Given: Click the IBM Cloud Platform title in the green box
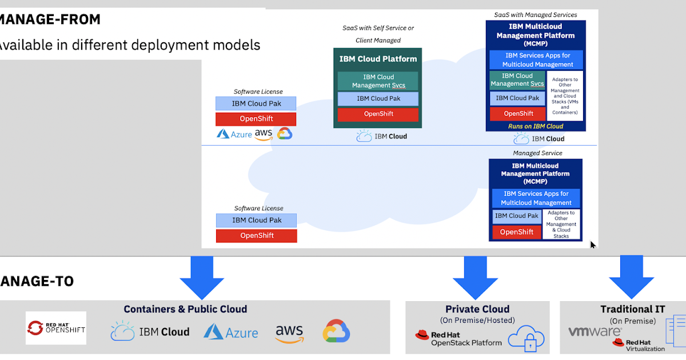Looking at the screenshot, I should tap(378, 59).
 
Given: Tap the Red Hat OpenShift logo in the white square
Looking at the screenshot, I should tap(56, 328).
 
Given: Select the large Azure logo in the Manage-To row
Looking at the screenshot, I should tap(231, 332).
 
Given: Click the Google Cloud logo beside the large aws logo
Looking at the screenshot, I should tap(336, 331).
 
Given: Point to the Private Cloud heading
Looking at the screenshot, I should tap(477, 309).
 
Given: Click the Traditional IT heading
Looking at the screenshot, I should tap(632, 309).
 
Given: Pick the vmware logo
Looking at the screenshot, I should tap(595, 331).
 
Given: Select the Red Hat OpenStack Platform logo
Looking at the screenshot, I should tap(458, 339).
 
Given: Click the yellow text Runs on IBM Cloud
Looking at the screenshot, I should tap(536, 126).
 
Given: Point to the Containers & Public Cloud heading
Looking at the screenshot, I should tap(185, 309).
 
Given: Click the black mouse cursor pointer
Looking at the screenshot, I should tap(593, 245).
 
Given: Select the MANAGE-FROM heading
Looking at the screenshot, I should tap(50, 19).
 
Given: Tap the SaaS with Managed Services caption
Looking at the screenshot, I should tap(536, 15).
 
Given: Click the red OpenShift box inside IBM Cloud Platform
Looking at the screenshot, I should tap(378, 114).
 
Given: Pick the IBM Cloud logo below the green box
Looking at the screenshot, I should tap(382, 137).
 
